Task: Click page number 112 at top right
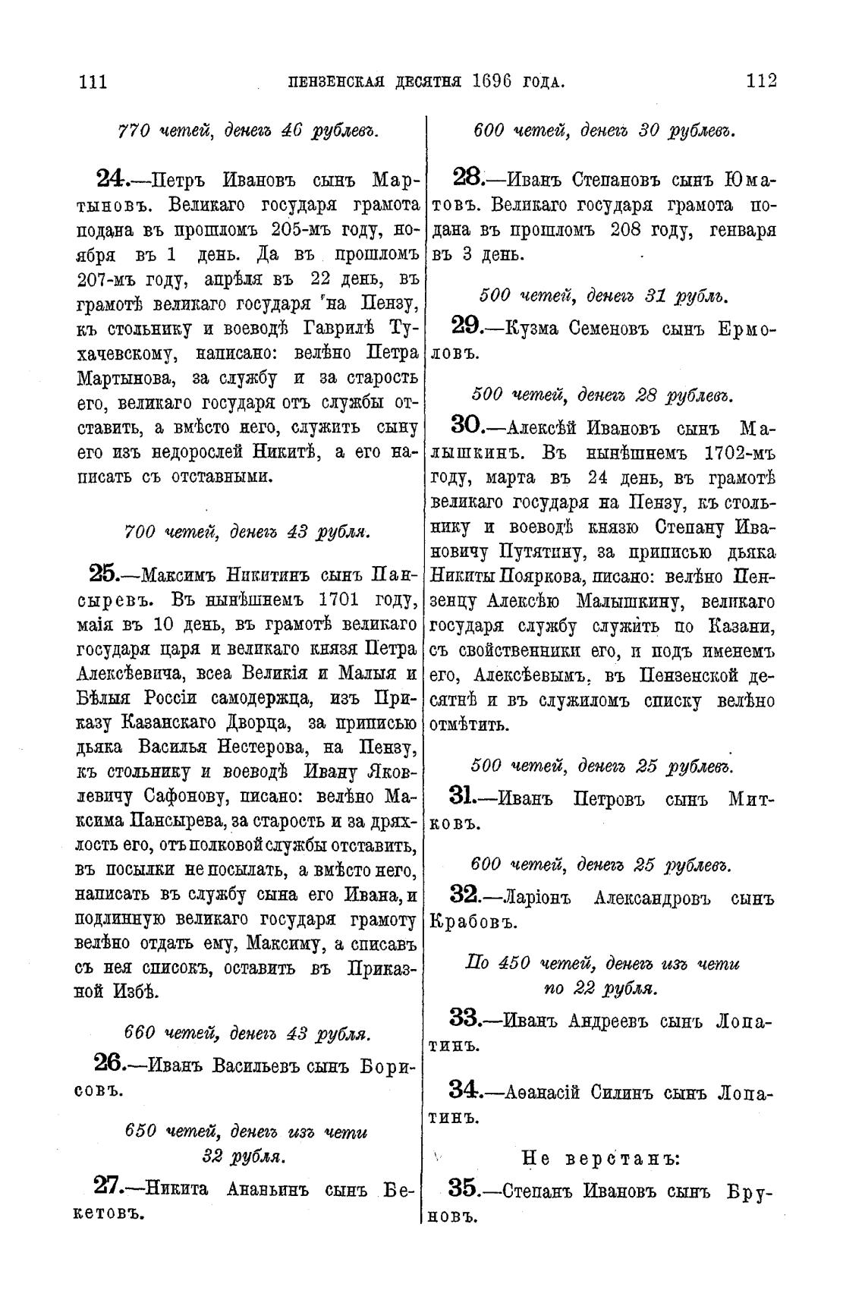[x=761, y=80]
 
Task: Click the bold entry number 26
[x=112, y=1062]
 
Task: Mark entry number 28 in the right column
[x=468, y=179]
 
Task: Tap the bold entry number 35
[x=466, y=1188]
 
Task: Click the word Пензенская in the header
[x=336, y=81]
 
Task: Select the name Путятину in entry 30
[x=520, y=549]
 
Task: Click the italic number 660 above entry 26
[x=140, y=1034]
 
